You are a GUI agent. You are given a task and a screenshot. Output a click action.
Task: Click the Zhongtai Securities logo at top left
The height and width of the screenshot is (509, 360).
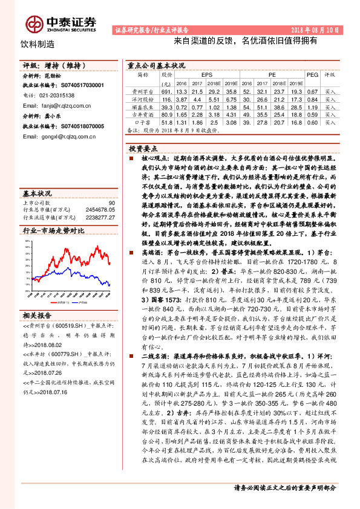tap(61, 22)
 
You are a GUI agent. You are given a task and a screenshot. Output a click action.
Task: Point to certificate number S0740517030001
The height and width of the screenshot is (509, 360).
tap(73, 86)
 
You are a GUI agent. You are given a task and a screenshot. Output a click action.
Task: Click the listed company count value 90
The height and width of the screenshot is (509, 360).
tap(111, 203)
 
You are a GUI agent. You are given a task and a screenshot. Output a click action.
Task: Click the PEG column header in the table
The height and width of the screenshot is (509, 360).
tap(312, 74)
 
